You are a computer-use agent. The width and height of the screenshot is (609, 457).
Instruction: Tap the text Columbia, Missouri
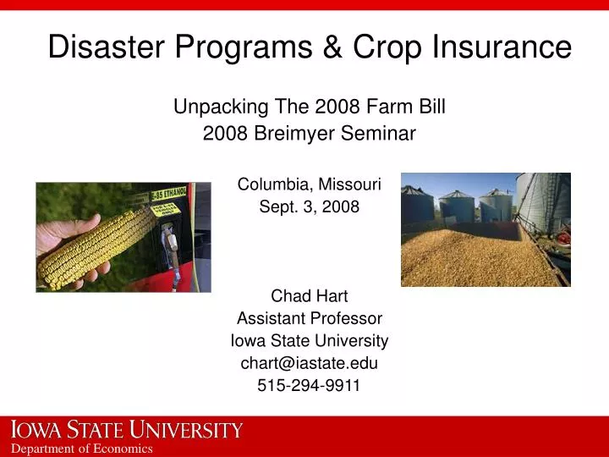click(x=309, y=184)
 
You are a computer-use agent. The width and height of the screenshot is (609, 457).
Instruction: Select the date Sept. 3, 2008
click(x=309, y=206)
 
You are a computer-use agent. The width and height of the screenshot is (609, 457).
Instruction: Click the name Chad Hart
click(x=309, y=296)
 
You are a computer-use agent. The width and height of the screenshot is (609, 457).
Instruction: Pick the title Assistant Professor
click(x=309, y=319)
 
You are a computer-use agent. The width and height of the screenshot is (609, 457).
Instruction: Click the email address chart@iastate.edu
click(x=309, y=364)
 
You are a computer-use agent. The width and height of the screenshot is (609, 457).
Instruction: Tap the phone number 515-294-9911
click(x=309, y=386)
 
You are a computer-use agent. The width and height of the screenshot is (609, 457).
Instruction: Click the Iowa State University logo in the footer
click(x=127, y=430)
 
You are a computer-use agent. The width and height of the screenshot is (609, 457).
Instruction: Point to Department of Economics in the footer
click(x=81, y=449)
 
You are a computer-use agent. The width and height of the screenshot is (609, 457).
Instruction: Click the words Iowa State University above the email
click(x=309, y=341)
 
